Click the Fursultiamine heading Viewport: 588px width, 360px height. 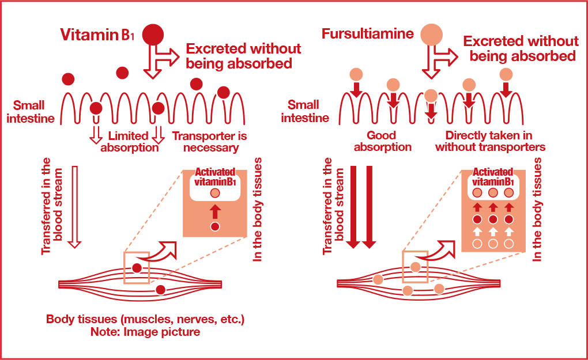coord(367,33)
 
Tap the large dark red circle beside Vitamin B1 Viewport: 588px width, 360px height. coord(153,34)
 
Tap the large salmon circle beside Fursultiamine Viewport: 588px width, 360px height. coord(431,33)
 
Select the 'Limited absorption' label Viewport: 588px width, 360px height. coord(129,142)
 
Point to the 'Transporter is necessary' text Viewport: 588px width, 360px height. coord(209,142)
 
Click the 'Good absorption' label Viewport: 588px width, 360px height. coord(382,141)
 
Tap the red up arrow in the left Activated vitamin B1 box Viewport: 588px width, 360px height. coord(215,210)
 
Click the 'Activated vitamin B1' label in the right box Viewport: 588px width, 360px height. coord(492,177)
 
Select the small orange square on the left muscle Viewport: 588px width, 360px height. coord(137,267)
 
